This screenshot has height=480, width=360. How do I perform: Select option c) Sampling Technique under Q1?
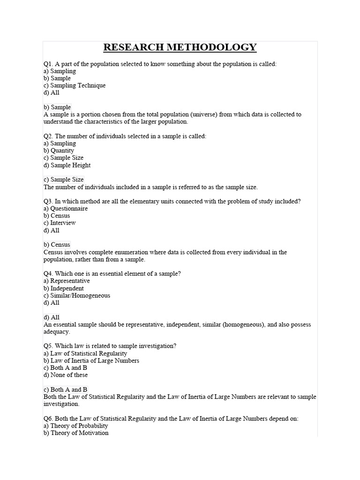coord(75,86)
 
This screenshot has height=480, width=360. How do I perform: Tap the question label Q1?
coord(48,64)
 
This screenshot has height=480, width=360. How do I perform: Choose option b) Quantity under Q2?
coord(59,151)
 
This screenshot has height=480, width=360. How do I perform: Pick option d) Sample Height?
coord(67,165)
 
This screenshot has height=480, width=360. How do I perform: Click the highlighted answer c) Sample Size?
coord(64,180)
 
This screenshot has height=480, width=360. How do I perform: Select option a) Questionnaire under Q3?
coord(66,209)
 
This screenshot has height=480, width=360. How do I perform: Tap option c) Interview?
coord(60,223)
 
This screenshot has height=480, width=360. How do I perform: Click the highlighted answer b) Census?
coord(57,245)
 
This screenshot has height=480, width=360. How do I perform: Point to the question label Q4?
coord(48,274)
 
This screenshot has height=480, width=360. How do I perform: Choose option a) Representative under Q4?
coord(67,281)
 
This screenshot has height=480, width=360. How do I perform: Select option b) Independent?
coord(64,288)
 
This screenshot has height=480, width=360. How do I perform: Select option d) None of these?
coord(66,375)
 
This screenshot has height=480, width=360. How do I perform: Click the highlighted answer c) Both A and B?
coord(66,390)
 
